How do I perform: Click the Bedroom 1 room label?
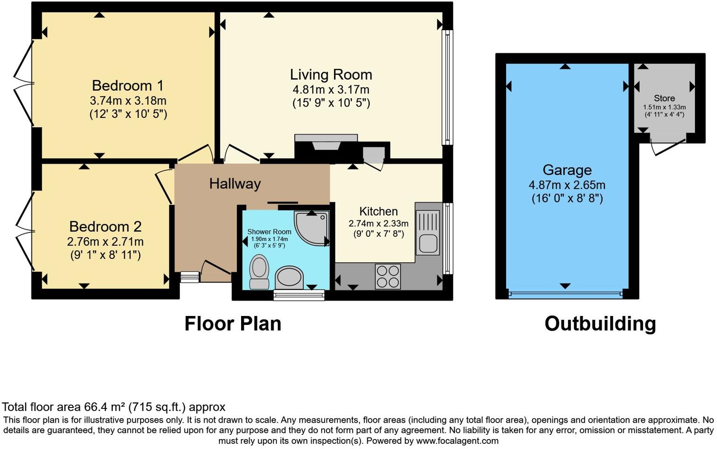pos(127,86)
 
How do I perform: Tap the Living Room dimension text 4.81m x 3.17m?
pos(331,90)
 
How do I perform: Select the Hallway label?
pos(235,183)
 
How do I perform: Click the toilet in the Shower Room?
pos(258,271)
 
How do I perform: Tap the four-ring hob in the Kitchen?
pos(387,276)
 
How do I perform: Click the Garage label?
pos(567,170)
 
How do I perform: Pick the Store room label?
pos(664,99)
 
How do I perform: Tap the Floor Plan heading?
pos(233,324)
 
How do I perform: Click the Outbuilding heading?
pos(600,324)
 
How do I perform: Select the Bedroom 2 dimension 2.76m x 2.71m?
pos(105,242)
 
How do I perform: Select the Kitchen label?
pos(378,211)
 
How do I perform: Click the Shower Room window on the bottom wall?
pos(299,295)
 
